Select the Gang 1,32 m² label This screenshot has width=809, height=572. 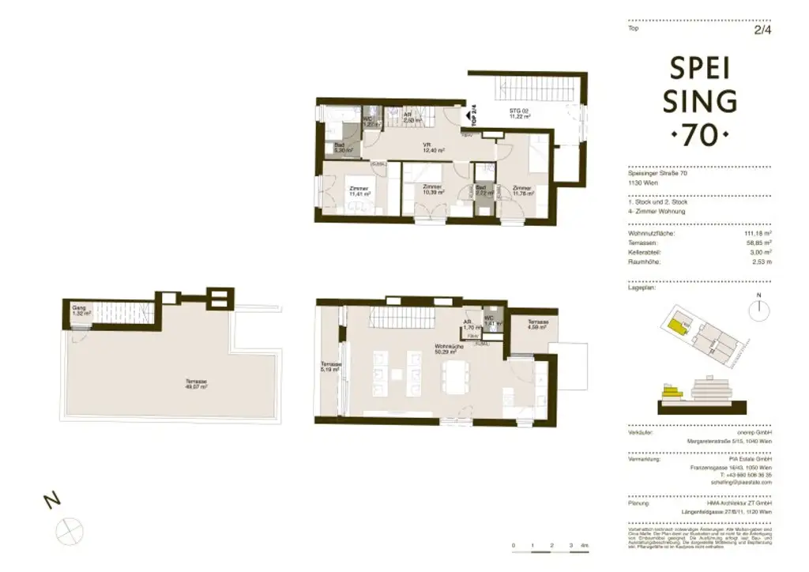tap(81, 310)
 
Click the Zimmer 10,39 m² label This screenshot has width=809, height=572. tap(432, 191)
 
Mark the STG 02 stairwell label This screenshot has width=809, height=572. tap(519, 113)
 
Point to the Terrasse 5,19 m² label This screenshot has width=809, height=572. tap(330, 367)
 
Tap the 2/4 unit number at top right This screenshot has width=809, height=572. tap(762, 29)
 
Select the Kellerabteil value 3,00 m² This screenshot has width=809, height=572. tap(759, 252)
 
